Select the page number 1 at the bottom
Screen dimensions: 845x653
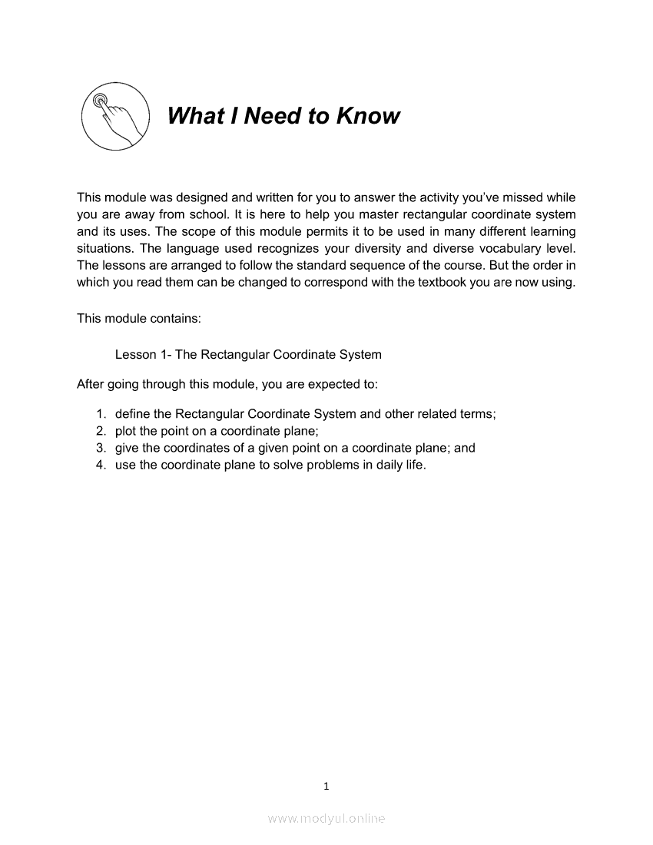[x=326, y=786]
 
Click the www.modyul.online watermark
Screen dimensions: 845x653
[x=326, y=819]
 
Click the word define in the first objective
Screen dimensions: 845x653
[x=132, y=414]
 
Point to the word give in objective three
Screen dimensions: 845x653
[x=128, y=448]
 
